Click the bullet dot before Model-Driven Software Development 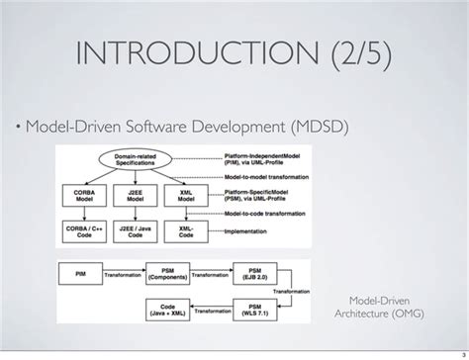[20, 129]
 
